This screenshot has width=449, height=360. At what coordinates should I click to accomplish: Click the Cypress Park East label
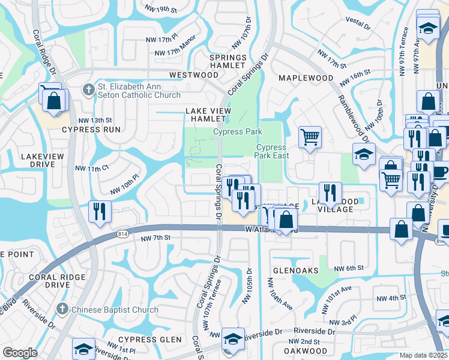272,151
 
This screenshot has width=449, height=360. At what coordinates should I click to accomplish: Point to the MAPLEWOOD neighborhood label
306,78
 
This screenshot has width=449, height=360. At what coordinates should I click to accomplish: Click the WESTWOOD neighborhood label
193,75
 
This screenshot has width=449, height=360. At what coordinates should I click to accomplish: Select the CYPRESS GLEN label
154,340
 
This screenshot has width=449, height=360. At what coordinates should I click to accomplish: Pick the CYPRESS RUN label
90,129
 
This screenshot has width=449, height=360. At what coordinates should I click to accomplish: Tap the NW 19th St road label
161,8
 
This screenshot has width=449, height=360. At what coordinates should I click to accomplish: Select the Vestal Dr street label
357,22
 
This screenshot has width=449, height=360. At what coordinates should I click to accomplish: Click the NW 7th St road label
156,238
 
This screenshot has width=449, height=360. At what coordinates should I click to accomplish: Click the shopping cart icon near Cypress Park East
310,137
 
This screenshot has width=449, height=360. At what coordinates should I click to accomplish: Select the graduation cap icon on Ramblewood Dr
363,154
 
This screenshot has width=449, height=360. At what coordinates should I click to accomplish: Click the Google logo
20,352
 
